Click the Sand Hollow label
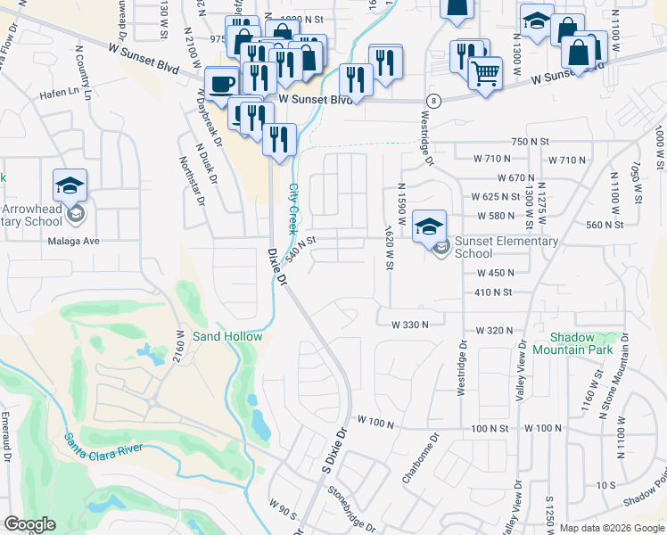coord(228,336)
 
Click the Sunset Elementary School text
coord(506,247)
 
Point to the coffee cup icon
coord(222,84)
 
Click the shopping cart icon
coord(484,73)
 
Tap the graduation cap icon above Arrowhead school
coord(70,185)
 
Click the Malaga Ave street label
coord(74,241)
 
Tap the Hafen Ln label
coord(56,91)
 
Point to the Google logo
coord(30,524)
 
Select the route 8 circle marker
coord(432,100)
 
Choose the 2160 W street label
coord(179,343)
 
